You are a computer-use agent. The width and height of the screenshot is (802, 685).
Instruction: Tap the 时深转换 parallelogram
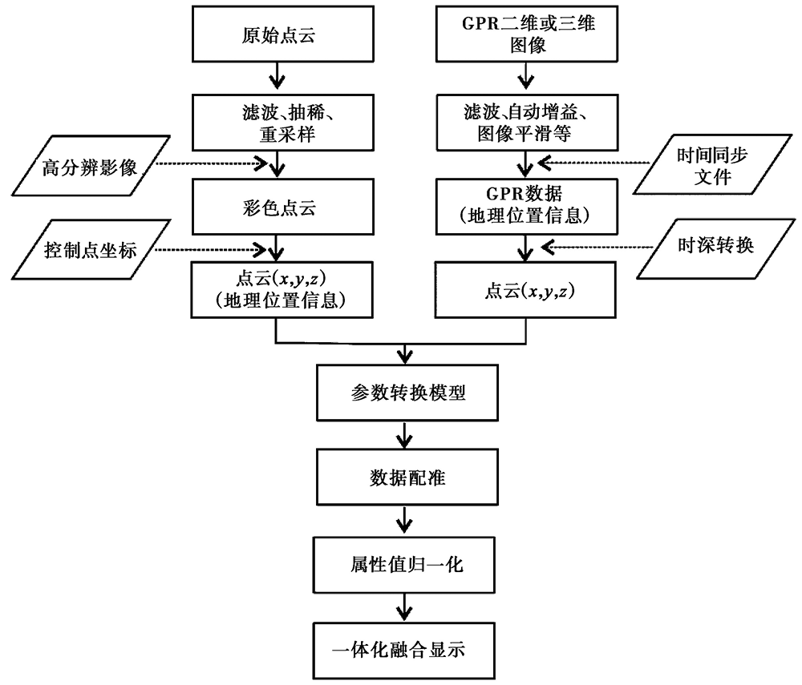pyautogui.click(x=706, y=246)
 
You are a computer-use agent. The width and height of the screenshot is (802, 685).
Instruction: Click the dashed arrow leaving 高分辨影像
pyautogui.click(x=209, y=165)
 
